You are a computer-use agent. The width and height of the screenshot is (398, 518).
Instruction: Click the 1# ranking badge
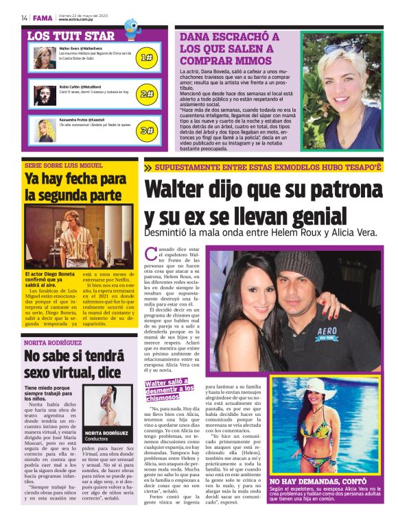pyautogui.click(x=146, y=58)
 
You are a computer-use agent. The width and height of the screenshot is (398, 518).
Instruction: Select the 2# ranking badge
pyautogui.click(x=146, y=93)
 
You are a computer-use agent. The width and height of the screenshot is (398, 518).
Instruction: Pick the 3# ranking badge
pyautogui.click(x=146, y=129)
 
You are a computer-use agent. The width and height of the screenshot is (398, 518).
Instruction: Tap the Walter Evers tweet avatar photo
pyautogui.click(x=45, y=58)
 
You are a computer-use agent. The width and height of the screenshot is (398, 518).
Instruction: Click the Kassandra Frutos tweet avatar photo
pyautogui.click(x=45, y=128)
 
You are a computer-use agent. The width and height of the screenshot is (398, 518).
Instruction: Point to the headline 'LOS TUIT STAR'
pyautogui.click(x=71, y=35)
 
